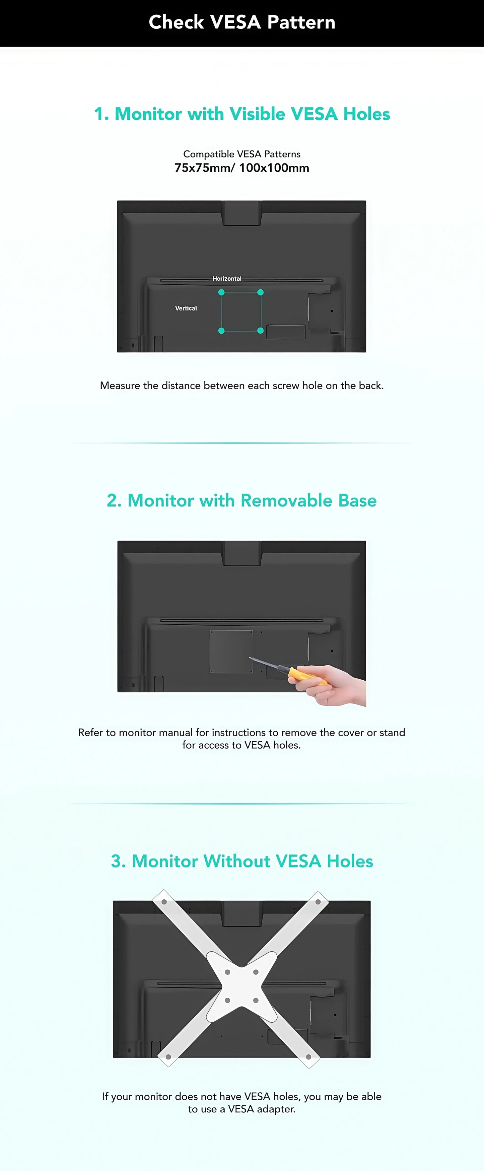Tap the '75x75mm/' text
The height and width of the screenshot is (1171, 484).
(204, 168)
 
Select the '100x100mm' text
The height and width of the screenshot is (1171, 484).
(274, 168)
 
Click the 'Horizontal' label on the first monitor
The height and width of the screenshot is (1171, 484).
(227, 279)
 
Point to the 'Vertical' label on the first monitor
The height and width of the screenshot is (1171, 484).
(186, 308)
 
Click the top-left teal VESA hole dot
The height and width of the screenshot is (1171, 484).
(221, 292)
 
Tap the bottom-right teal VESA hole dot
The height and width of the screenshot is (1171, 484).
(260, 331)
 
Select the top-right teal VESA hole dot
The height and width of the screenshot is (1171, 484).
(260, 292)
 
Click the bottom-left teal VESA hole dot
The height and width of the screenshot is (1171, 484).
(221, 331)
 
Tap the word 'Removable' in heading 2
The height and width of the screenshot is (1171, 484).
(286, 500)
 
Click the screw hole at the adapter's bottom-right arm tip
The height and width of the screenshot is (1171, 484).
(308, 1056)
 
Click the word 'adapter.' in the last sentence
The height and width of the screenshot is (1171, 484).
(276, 1109)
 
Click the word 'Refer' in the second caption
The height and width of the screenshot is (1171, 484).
(90, 732)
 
